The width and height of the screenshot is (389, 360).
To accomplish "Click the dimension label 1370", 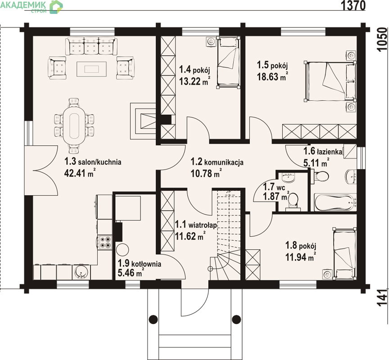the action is point(353,5).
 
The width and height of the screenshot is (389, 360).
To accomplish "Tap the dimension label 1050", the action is point(383,40).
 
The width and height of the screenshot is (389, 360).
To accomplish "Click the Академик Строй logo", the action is point(32,7).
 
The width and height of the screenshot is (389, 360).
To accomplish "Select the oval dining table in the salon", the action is point(74,126).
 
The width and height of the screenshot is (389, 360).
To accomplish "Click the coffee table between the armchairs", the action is point(91,69).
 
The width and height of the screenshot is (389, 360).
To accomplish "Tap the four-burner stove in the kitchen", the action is point(105,242).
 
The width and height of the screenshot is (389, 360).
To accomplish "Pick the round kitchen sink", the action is point(81,272).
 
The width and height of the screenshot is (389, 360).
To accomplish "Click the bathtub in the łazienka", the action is point(335,202).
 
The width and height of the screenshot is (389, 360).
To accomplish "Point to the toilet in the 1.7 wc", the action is point(293,201).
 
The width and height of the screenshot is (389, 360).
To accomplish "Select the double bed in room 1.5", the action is point(330,81).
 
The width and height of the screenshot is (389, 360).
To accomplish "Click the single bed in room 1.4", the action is point(228,62).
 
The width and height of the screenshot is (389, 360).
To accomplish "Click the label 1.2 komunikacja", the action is point(217,162).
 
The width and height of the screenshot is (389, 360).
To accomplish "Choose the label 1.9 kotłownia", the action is point(140,263).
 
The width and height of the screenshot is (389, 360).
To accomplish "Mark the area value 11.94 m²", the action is point(301,256).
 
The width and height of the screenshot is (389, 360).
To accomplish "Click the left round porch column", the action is point(154,319).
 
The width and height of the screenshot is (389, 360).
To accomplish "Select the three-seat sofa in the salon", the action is point(91,46).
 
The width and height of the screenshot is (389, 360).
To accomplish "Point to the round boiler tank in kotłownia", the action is point(122,250).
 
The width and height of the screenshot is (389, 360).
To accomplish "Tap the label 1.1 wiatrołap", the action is point(196,225).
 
